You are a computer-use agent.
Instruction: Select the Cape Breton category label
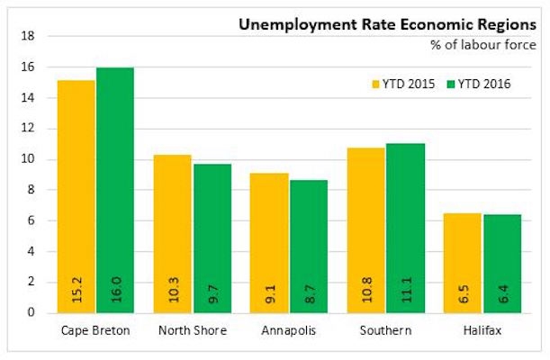click(95, 330)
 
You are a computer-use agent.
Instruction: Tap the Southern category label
click(385, 330)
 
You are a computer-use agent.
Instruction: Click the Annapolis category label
click(289, 330)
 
